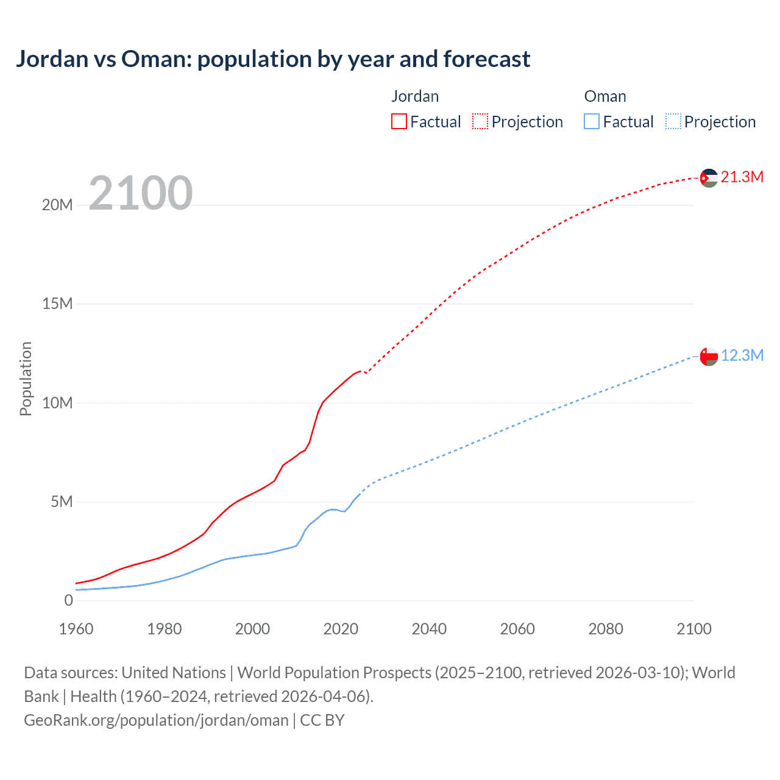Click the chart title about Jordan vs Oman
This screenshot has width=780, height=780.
pyautogui.click(x=273, y=59)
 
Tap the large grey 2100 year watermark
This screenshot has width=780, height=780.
pyautogui.click(x=141, y=193)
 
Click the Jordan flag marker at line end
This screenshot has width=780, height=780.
pyautogui.click(x=709, y=178)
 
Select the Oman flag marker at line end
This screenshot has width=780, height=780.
pyautogui.click(x=709, y=356)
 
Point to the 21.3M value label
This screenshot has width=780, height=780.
pyautogui.click(x=742, y=177)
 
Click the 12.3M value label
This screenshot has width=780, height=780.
pyautogui.click(x=742, y=356)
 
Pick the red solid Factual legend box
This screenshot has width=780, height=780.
pyautogui.click(x=399, y=122)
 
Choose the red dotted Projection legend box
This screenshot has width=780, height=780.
pyautogui.click(x=480, y=122)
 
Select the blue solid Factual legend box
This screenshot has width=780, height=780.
pyautogui.click(x=592, y=122)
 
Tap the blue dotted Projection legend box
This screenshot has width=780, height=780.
pyautogui.click(x=673, y=122)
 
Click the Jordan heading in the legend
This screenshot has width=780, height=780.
pyautogui.click(x=415, y=97)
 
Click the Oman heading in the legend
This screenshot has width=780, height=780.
pyautogui.click(x=605, y=97)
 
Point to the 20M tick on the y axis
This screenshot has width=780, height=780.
pyautogui.click(x=57, y=205)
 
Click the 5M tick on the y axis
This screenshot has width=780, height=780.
pyautogui.click(x=62, y=502)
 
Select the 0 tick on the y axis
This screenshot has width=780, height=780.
pyautogui.click(x=69, y=601)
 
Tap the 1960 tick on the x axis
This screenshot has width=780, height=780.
pyautogui.click(x=76, y=629)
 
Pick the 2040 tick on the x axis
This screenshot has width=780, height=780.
pyautogui.click(x=429, y=629)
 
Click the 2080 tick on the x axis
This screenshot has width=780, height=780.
pyautogui.click(x=606, y=629)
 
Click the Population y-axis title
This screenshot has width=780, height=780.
pyautogui.click(x=26, y=378)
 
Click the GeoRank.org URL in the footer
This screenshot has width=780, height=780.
pyautogui.click(x=156, y=720)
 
